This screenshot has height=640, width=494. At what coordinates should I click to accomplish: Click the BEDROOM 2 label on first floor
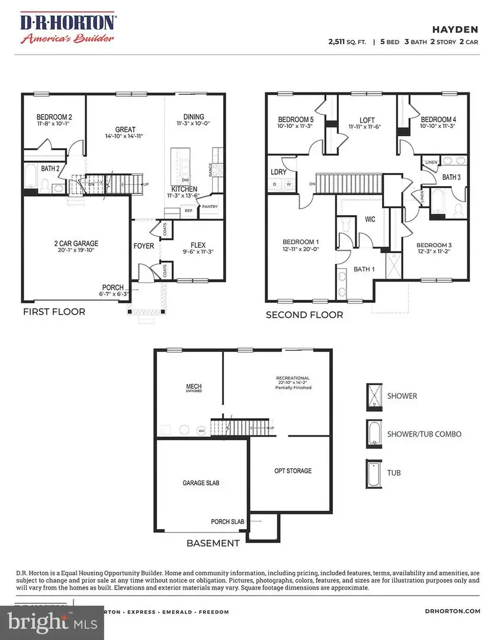point(54,117)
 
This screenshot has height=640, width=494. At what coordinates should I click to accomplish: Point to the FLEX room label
point(198,245)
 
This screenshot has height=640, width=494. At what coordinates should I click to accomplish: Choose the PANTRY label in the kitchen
point(210,207)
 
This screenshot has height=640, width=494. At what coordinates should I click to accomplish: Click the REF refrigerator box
point(188,210)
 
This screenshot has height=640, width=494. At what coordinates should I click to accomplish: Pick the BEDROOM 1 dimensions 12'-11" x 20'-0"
point(300,249)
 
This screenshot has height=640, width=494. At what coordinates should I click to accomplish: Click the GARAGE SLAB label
point(200,483)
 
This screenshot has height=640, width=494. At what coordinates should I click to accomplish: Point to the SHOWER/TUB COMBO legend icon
point(374,434)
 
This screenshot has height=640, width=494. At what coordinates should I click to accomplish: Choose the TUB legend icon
point(374,472)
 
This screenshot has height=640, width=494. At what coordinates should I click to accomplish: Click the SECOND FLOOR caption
point(304,315)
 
